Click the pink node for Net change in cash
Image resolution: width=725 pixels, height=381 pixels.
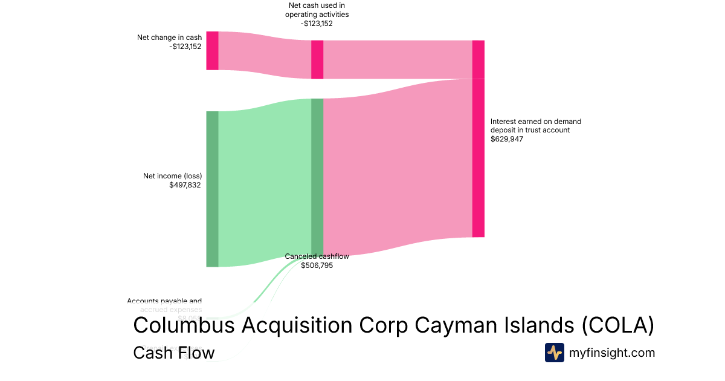[212, 51]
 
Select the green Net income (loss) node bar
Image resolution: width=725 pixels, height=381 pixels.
[212, 189]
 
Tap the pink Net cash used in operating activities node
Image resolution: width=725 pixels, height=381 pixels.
[317, 59]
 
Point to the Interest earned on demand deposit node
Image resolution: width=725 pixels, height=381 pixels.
[478, 138]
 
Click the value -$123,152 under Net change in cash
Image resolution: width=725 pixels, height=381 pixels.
[185, 47]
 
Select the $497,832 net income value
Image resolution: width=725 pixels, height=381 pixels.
[185, 185]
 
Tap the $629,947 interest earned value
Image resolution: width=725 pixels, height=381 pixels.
[507, 139]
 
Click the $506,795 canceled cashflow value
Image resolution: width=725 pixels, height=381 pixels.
[317, 265]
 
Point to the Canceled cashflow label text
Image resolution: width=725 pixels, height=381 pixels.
[317, 256]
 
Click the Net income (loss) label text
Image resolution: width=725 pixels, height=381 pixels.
[172, 176]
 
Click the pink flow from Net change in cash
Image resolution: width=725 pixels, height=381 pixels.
[265, 56]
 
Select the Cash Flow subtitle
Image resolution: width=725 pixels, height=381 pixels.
[174, 353]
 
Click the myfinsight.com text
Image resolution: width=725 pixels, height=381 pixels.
[612, 353]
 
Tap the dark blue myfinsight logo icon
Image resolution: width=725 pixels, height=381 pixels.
[554, 353]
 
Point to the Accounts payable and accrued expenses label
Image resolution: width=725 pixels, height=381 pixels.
[164, 305]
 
